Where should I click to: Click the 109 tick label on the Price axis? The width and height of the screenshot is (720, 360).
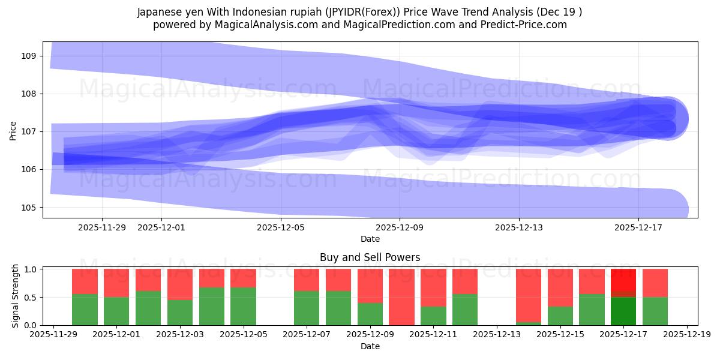(x=29, y=56)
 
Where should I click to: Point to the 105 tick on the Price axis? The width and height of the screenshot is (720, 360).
(x=29, y=208)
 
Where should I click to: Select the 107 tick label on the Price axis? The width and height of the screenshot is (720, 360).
(x=29, y=131)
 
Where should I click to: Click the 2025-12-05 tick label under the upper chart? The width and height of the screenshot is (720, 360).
(x=281, y=227)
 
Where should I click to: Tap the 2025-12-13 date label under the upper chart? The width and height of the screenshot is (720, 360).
(x=519, y=227)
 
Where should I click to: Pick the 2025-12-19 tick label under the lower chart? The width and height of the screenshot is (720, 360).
(x=686, y=335)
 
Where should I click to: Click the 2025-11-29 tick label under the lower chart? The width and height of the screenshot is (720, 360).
(x=55, y=335)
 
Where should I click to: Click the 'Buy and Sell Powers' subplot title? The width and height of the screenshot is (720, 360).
(x=370, y=257)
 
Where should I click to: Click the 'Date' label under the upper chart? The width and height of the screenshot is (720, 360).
(x=370, y=239)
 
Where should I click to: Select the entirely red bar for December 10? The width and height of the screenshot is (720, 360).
(x=401, y=297)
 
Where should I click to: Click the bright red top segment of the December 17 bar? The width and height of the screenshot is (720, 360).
(x=623, y=280)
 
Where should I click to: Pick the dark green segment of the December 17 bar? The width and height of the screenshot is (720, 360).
(x=623, y=311)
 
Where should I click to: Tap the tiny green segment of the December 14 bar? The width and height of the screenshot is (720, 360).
(x=529, y=323)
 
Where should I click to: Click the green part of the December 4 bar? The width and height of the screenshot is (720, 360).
(x=212, y=306)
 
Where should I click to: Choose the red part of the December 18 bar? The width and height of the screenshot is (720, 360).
(x=655, y=283)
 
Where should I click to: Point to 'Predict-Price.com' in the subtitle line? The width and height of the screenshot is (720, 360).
(x=524, y=25)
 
